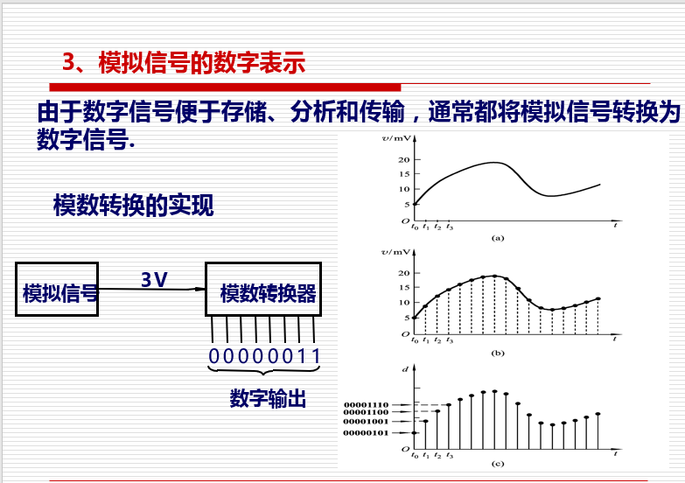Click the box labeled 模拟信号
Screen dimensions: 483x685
(59, 291)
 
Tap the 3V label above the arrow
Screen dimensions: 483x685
(154, 279)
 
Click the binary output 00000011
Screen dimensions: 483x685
(264, 356)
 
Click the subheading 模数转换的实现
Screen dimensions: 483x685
(133, 206)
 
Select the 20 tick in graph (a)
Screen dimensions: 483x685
(404, 160)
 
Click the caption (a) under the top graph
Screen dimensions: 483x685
(499, 238)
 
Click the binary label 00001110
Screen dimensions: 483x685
(366, 404)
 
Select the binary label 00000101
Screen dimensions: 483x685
(366, 432)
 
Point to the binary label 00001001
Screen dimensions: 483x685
(366, 421)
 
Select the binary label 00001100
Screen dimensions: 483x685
(366, 411)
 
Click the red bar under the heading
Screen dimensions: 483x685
(225, 87)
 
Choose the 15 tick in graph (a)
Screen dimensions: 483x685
(404, 175)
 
